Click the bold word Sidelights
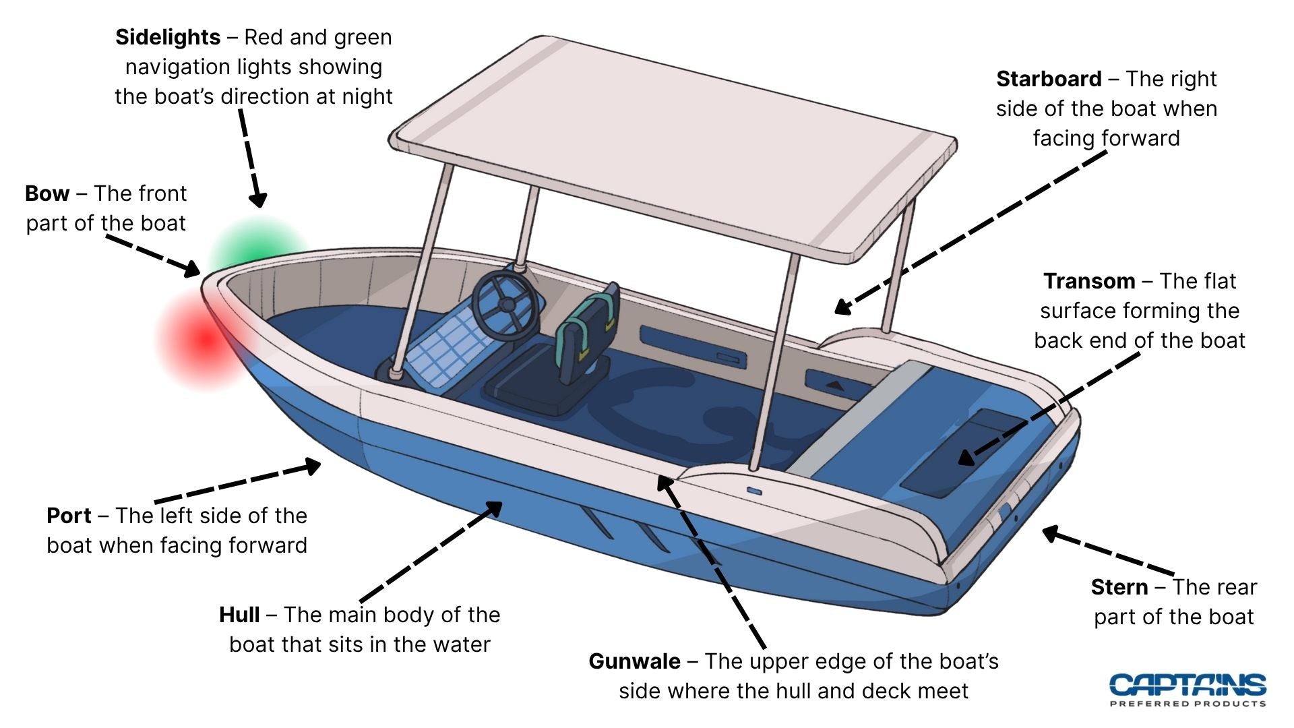click(167, 37)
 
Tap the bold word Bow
click(47, 193)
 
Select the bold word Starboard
click(1049, 79)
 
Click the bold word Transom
click(1089, 281)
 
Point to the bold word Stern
click(1119, 587)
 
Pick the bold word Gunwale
click(634, 661)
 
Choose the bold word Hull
click(239, 615)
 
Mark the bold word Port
click(69, 516)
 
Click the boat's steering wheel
click(505, 305)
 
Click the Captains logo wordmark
click(1188, 684)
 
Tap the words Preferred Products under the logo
click(1188, 704)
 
